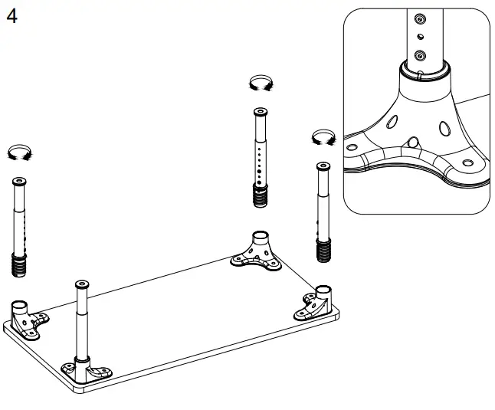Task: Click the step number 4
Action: (x=12, y=16)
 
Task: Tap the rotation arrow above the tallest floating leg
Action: (x=261, y=84)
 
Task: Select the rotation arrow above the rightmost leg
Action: (x=324, y=137)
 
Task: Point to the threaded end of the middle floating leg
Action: (x=262, y=195)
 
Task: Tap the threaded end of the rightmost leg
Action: (x=324, y=250)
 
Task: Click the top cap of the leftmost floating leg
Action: (x=19, y=182)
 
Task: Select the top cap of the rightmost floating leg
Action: (x=323, y=166)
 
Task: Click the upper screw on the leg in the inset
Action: (x=418, y=18)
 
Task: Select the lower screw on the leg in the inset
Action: (x=418, y=55)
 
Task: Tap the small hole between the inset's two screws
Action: (x=418, y=35)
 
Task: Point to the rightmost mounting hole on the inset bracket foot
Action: (x=467, y=164)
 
